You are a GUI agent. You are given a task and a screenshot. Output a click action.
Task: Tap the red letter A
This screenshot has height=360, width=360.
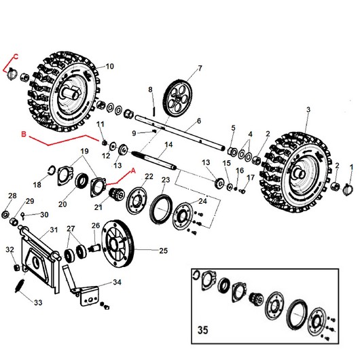[x=133, y=170]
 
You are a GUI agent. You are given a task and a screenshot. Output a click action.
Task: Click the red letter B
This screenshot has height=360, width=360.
[x=24, y=135]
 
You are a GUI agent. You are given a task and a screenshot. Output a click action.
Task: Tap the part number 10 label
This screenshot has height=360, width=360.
[x=109, y=66]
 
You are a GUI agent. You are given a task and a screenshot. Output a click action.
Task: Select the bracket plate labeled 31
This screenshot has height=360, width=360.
[x=40, y=255]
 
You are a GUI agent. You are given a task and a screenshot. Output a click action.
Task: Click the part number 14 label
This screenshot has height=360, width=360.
[x=168, y=145]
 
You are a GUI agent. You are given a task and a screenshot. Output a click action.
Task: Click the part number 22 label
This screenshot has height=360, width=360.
[x=149, y=177]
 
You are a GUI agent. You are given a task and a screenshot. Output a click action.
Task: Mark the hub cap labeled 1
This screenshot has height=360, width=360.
[x=350, y=185]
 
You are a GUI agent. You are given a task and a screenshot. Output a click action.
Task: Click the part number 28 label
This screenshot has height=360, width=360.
[x=12, y=196]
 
